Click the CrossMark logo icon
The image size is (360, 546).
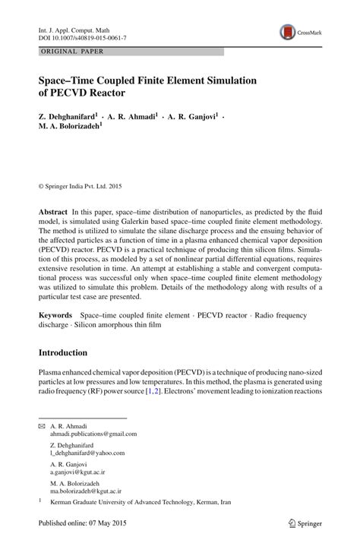click(289, 33)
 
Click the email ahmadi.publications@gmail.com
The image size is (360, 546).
click(93, 434)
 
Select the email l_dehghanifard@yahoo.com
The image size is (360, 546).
click(87, 453)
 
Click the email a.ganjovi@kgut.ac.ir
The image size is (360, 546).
click(80, 472)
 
